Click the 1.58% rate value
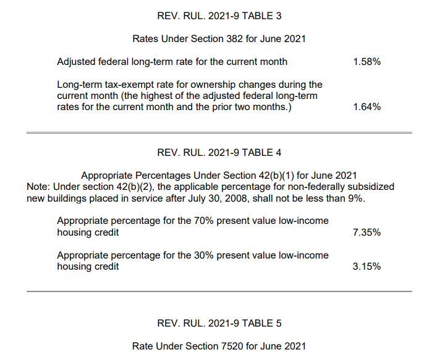point(367,62)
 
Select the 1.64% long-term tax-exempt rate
point(367,107)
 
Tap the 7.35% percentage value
point(367,233)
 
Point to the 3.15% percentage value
point(367,267)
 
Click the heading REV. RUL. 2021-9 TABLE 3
point(219,16)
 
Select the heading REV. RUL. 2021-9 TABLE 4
point(219,153)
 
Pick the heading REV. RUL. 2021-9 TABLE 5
point(219,324)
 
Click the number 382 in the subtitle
point(234,38)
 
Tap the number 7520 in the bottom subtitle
point(232,346)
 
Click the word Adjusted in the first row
point(76,62)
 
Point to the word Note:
point(38,187)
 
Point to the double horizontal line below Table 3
point(219,133)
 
